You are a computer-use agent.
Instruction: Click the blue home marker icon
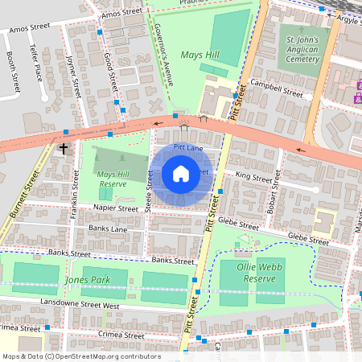click(181, 173)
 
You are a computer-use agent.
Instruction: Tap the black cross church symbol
click(64, 149)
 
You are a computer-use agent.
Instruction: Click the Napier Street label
click(116, 208)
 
